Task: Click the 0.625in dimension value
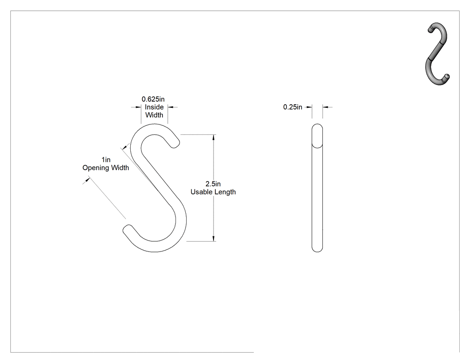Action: pyautogui.click(x=153, y=99)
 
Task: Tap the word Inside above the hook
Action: pyautogui.click(x=154, y=107)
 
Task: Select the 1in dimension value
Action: pyautogui.click(x=106, y=160)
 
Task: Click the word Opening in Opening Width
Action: pyautogui.click(x=96, y=168)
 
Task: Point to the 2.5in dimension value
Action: pyautogui.click(x=213, y=184)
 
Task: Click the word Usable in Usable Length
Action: pyautogui.click(x=201, y=192)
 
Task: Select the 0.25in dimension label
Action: pyautogui.click(x=293, y=107)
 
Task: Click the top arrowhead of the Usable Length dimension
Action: pyautogui.click(x=214, y=137)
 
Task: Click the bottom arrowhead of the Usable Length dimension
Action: pyautogui.click(x=214, y=239)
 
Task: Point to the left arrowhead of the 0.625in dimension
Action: pyautogui.click(x=138, y=107)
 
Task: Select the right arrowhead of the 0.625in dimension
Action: pyautogui.click(x=171, y=107)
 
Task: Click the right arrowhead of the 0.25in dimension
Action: pyautogui.click(x=325, y=107)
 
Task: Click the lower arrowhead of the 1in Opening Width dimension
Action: pyautogui.click(x=87, y=179)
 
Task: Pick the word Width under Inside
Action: pyautogui.click(x=154, y=115)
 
